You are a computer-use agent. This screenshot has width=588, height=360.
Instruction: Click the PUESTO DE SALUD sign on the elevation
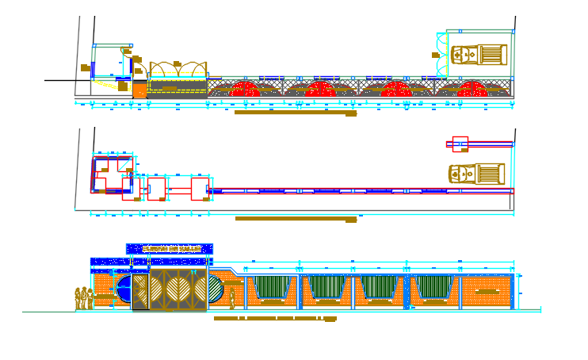[x=170, y=249]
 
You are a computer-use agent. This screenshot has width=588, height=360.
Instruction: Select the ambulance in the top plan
[x=478, y=55]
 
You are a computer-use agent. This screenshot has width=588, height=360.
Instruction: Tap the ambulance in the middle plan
[x=476, y=174]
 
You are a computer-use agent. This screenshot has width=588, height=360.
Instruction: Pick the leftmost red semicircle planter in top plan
[x=245, y=89]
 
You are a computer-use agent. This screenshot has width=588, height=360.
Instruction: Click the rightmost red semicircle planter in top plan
[x=472, y=89]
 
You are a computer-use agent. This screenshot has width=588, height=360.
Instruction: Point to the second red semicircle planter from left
[x=321, y=89]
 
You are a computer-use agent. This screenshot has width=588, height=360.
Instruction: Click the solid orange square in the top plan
[x=139, y=90]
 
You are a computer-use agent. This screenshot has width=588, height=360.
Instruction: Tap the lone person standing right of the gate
[x=232, y=297]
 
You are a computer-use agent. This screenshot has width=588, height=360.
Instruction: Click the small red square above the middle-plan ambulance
[x=460, y=144]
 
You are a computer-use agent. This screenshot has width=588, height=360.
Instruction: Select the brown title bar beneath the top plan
[x=295, y=113]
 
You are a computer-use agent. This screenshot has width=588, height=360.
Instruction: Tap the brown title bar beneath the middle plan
[x=295, y=219]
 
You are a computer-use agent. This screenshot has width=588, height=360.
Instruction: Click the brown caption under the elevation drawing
[x=275, y=319]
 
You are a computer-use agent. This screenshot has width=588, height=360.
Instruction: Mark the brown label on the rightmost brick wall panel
[x=487, y=291]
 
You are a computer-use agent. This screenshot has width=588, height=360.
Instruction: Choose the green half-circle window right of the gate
[x=216, y=289]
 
